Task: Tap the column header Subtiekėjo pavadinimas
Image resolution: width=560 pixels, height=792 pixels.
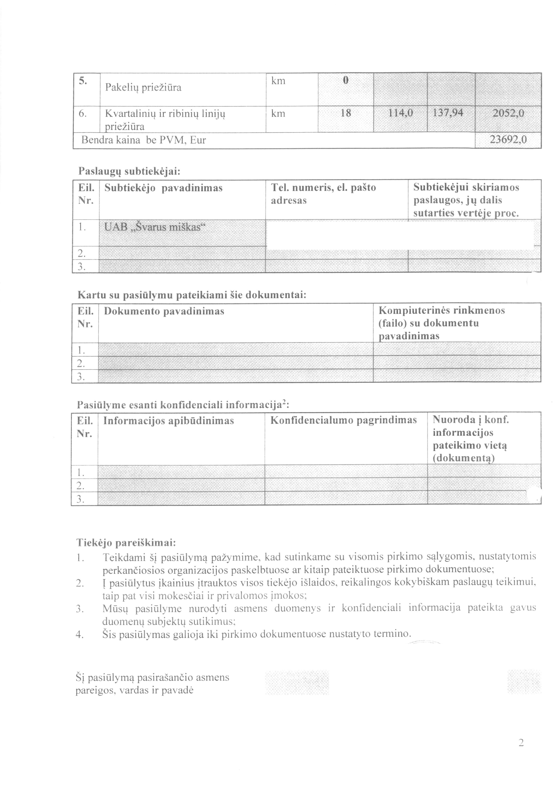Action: click(163, 188)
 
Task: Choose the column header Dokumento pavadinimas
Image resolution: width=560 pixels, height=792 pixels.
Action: click(164, 311)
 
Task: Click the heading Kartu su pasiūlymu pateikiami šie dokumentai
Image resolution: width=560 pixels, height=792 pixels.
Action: click(192, 295)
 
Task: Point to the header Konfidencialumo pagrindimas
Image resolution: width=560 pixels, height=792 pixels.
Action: click(343, 420)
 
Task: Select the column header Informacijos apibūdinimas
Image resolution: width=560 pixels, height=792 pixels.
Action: click(169, 421)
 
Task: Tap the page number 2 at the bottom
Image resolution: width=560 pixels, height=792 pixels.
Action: click(521, 752)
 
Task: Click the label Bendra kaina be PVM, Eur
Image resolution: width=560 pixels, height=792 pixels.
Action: click(143, 140)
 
